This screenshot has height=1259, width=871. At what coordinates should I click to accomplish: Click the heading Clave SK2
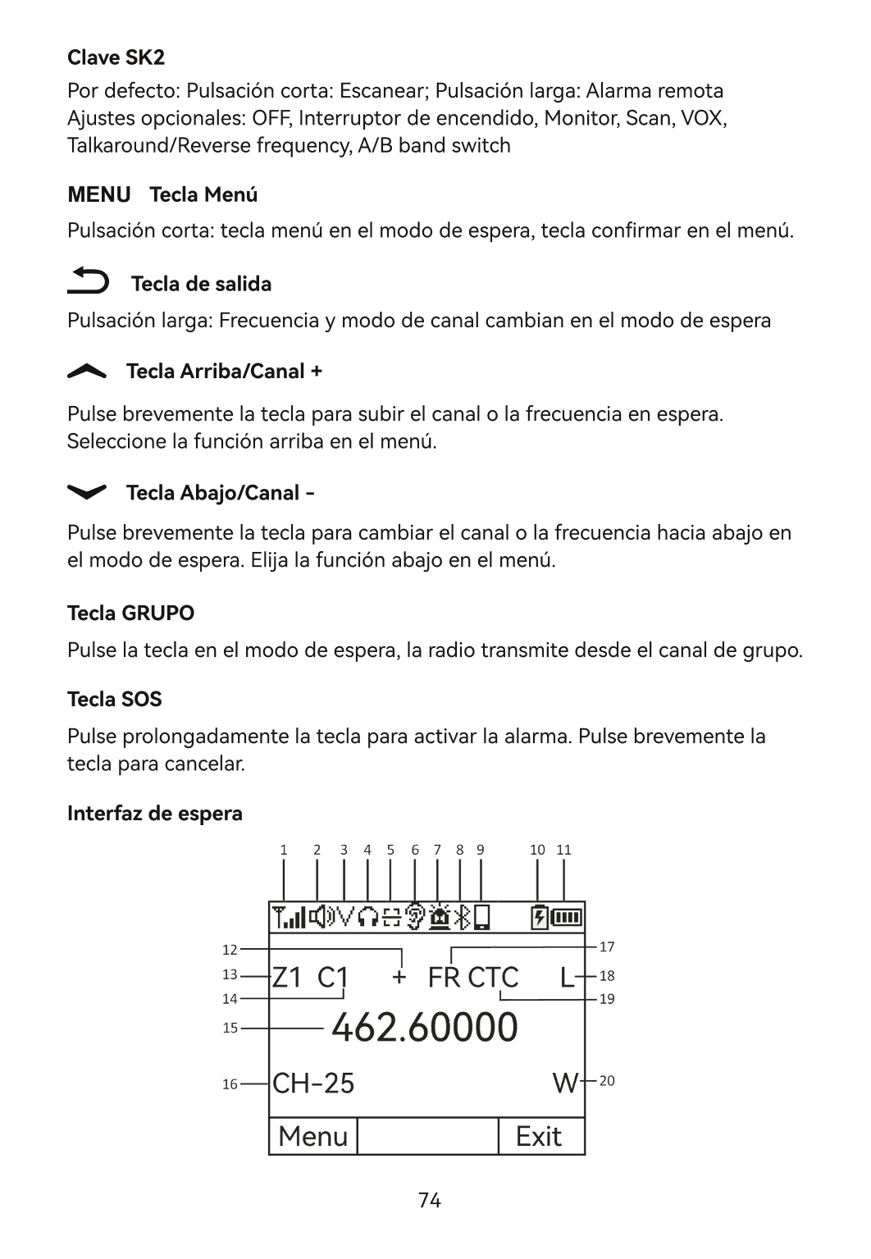click(x=116, y=57)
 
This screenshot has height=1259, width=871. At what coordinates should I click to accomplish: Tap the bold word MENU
click(x=98, y=194)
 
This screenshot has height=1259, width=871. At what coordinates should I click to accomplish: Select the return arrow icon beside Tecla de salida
click(x=88, y=281)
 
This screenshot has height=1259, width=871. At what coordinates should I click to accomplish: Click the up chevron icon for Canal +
click(x=87, y=372)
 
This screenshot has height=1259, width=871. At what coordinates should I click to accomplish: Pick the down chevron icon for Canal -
click(x=87, y=491)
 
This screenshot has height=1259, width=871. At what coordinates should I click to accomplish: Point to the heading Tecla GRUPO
click(x=130, y=613)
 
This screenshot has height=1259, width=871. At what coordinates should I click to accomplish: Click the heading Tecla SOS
click(x=114, y=699)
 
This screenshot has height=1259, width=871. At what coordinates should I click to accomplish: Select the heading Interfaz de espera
click(x=154, y=814)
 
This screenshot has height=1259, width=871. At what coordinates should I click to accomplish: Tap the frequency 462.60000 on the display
click(x=424, y=1027)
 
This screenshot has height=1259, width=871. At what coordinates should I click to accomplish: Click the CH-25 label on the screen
click(x=313, y=1083)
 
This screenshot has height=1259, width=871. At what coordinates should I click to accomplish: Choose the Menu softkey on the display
click(x=313, y=1136)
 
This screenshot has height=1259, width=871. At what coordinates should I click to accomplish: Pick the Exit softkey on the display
click(x=539, y=1136)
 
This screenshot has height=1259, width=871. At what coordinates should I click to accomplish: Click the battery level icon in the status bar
click(x=567, y=917)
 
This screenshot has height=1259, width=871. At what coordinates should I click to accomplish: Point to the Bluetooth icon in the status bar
click(x=463, y=917)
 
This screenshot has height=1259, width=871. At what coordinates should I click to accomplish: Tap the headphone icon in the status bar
click(x=368, y=917)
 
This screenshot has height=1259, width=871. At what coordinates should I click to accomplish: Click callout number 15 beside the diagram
click(x=230, y=1028)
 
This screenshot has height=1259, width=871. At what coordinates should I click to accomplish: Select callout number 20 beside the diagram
click(x=607, y=1081)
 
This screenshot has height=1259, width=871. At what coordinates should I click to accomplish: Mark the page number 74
click(x=430, y=1201)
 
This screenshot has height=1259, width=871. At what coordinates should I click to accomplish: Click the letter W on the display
click(x=566, y=1083)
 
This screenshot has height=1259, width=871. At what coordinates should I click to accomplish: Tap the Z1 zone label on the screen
click(x=287, y=977)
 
